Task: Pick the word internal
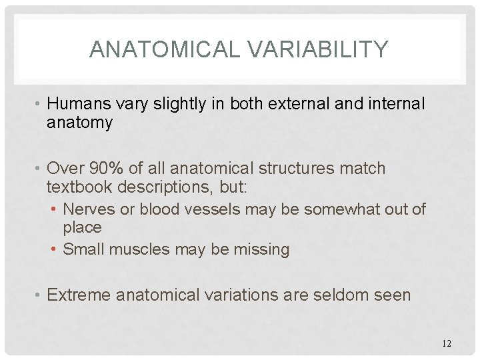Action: coord(391,104)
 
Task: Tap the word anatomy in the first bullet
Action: coord(79,123)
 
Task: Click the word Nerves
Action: coord(89,209)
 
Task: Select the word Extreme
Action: coord(79,294)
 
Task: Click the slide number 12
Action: coord(447,343)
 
